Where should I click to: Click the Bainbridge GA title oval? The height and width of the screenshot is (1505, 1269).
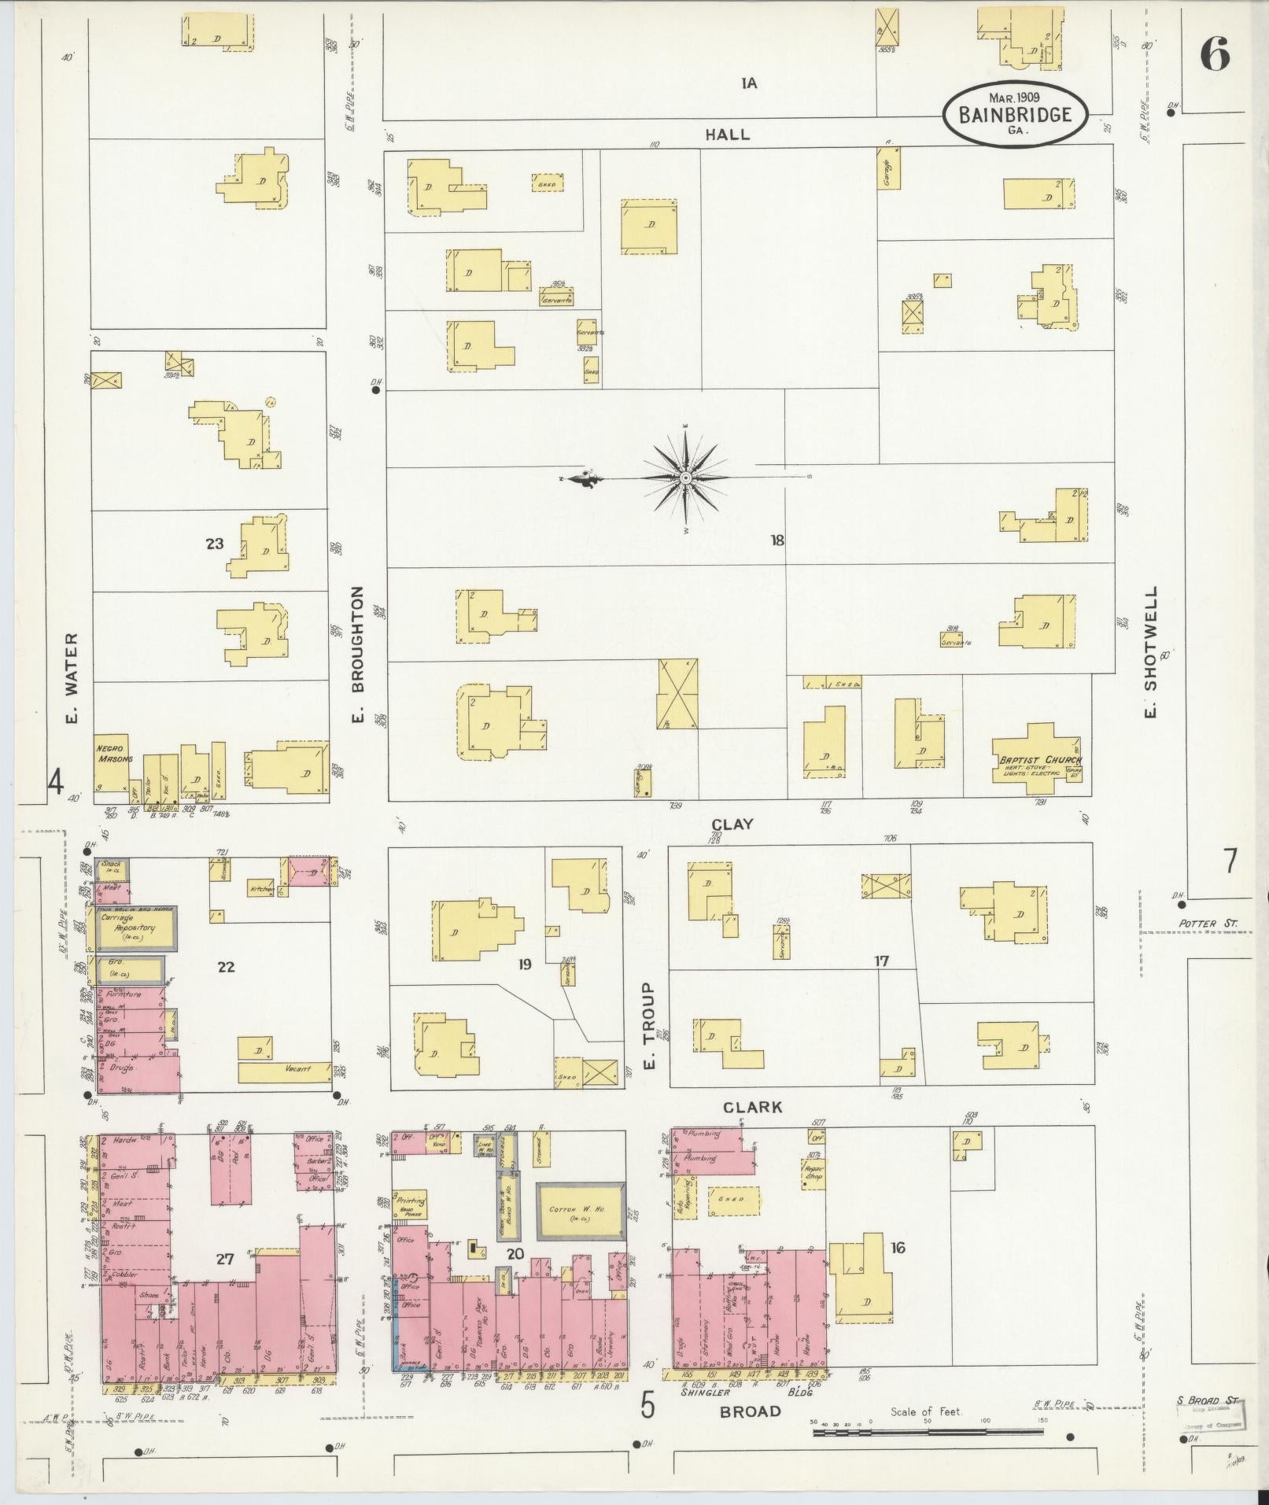1015,114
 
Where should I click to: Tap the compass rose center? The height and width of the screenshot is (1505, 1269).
686,478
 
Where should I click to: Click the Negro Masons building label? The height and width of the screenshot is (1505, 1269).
112,754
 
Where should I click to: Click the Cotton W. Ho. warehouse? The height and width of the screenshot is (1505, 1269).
581,1212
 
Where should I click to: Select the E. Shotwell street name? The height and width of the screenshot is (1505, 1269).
1151,651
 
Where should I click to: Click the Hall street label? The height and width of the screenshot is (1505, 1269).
727,135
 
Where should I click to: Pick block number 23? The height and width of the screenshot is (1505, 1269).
214,543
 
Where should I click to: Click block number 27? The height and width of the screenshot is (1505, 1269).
225,1260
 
